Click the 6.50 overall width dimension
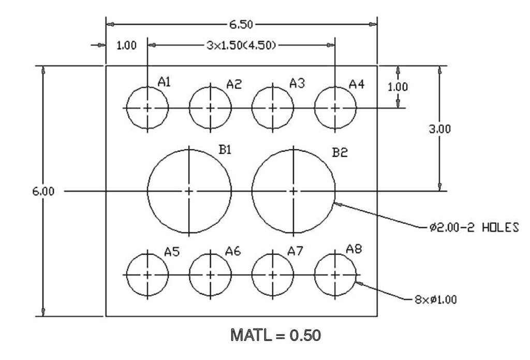pyautogui.click(x=241, y=24)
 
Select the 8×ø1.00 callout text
pyautogui.click(x=435, y=299)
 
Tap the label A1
pyautogui.click(x=165, y=81)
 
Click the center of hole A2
pyautogui.click(x=210, y=108)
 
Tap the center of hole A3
pyautogui.click(x=273, y=108)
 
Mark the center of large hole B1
pyautogui.click(x=189, y=191)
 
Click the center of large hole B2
pyautogui.click(x=294, y=191)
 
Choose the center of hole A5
pyautogui.click(x=148, y=273)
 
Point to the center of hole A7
pyautogui.click(x=273, y=273)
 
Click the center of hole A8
pyautogui.click(x=335, y=273)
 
